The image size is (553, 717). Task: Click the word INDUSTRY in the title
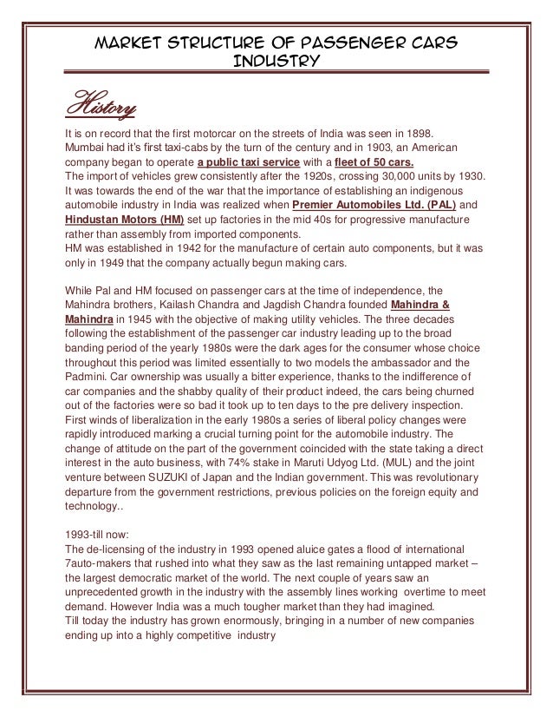pos(276,62)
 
